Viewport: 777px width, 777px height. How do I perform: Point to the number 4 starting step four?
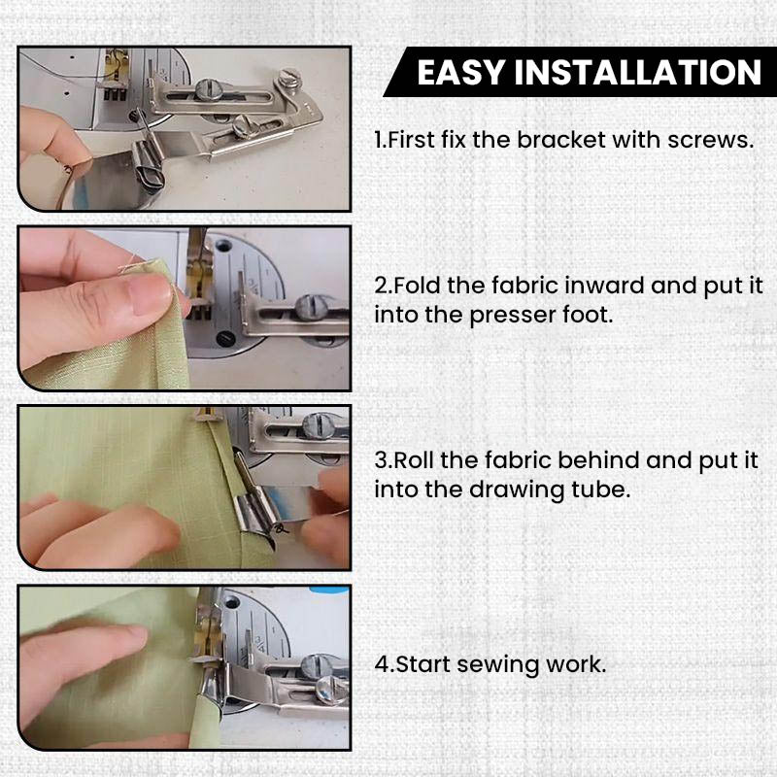(x=381, y=665)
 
